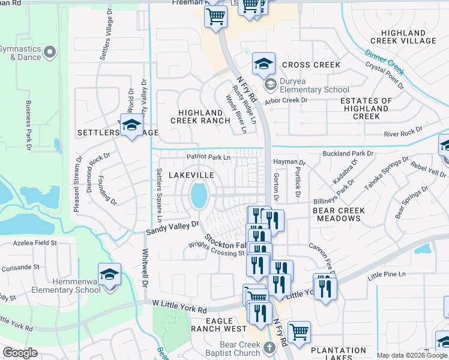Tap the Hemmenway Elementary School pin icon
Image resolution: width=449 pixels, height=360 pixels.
110,275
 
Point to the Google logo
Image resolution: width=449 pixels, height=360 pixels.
20,353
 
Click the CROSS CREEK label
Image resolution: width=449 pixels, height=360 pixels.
311,65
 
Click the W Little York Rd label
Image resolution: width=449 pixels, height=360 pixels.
179,308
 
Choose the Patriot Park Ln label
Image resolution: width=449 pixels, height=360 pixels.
208,157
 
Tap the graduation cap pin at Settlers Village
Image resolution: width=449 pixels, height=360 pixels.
131,124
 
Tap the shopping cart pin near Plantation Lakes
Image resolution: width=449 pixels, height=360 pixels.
299,331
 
